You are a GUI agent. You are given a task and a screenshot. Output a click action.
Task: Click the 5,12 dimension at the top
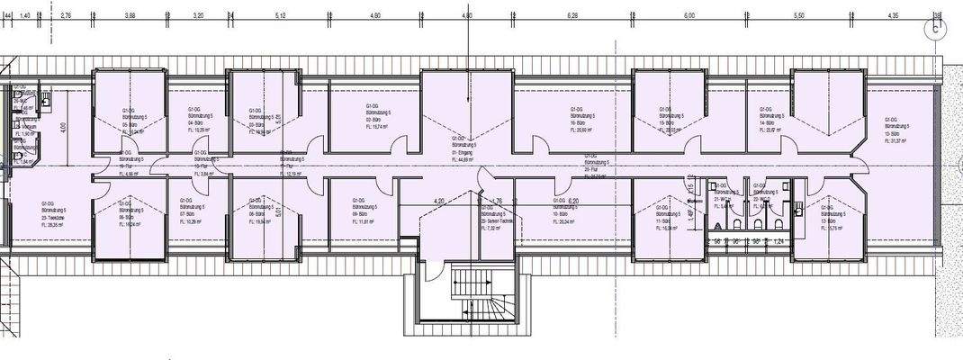click(281, 15)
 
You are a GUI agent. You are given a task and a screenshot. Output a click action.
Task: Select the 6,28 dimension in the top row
click(573, 15)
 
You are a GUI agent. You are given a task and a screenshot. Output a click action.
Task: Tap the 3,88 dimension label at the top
click(130, 15)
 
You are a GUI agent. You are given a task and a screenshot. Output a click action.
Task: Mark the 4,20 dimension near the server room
click(439, 201)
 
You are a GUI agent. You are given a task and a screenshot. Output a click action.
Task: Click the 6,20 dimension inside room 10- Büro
click(574, 201)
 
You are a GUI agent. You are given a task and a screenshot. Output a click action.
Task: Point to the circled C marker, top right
click(938, 28)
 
